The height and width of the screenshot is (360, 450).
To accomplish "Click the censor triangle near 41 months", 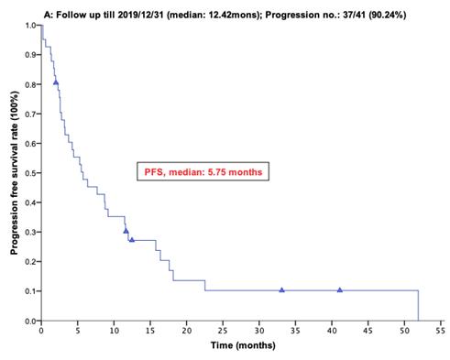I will click(x=340, y=289).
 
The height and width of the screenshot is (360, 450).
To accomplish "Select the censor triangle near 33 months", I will click(x=281, y=289).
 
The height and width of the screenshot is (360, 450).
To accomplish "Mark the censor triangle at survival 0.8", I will click(x=56, y=82).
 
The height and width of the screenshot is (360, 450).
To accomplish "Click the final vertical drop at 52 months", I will click(x=419, y=306).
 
